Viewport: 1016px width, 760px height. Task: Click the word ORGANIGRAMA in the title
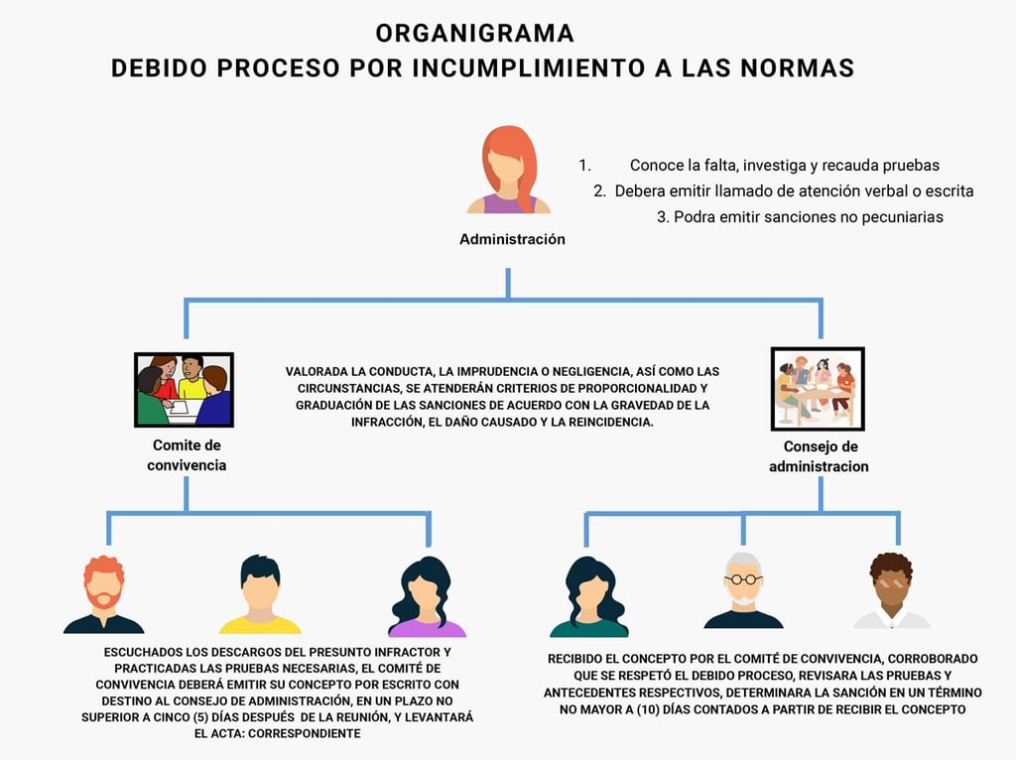point(474,33)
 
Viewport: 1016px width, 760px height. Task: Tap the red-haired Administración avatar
point(508,170)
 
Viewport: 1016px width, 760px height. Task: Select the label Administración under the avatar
point(512,239)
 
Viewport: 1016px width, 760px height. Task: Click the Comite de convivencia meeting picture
point(184,389)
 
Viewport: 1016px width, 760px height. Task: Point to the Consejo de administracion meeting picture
point(818,387)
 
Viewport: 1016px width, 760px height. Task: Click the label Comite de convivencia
point(187,455)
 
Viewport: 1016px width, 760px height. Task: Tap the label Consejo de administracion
point(819,456)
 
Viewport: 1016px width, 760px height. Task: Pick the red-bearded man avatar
point(103,594)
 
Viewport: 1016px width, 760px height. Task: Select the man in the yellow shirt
point(260,594)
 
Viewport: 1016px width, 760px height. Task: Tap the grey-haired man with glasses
point(742,591)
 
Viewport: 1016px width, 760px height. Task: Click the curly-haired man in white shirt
point(891,591)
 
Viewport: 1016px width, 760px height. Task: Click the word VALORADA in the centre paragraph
point(315,371)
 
